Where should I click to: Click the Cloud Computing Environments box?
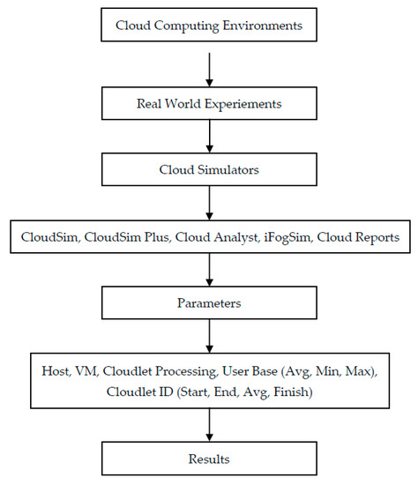(x=208, y=26)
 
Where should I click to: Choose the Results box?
(x=208, y=459)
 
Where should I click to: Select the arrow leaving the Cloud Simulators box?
(x=209, y=203)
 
